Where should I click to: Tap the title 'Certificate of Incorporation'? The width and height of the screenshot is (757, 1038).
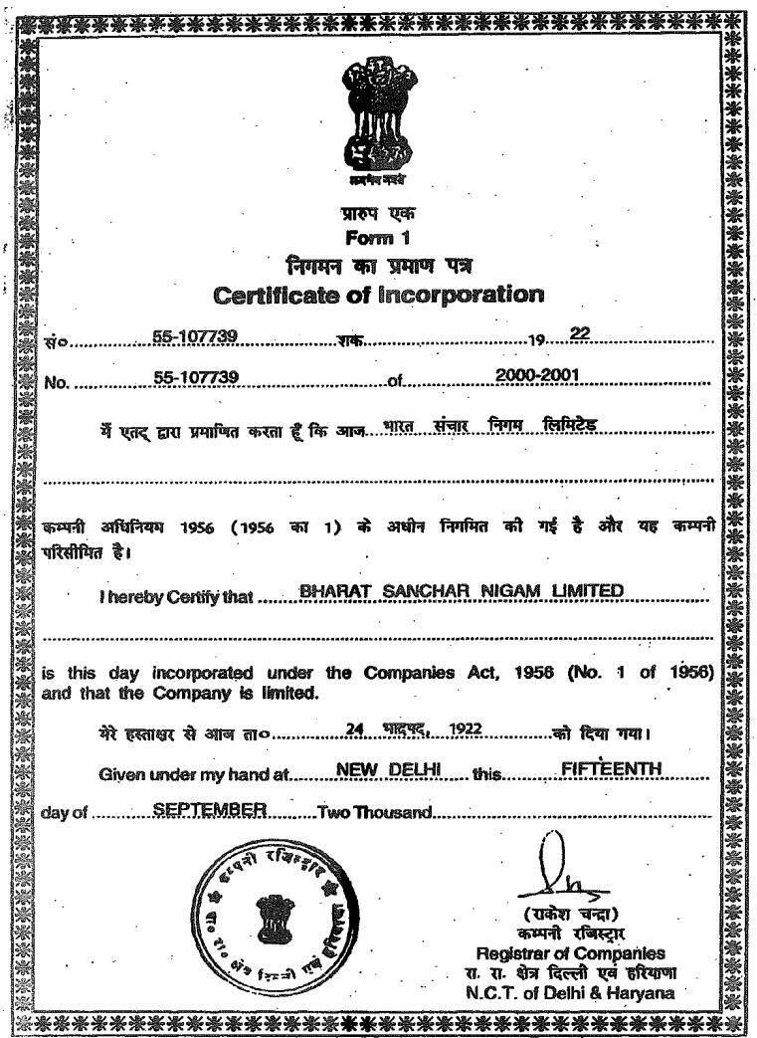[379, 296]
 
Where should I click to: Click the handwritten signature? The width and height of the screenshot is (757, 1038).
[552, 871]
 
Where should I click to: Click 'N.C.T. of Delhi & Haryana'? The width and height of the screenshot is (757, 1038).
[571, 991]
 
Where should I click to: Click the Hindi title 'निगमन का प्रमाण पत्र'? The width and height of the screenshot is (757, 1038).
[378, 266]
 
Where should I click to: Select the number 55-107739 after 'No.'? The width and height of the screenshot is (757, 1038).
[195, 376]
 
